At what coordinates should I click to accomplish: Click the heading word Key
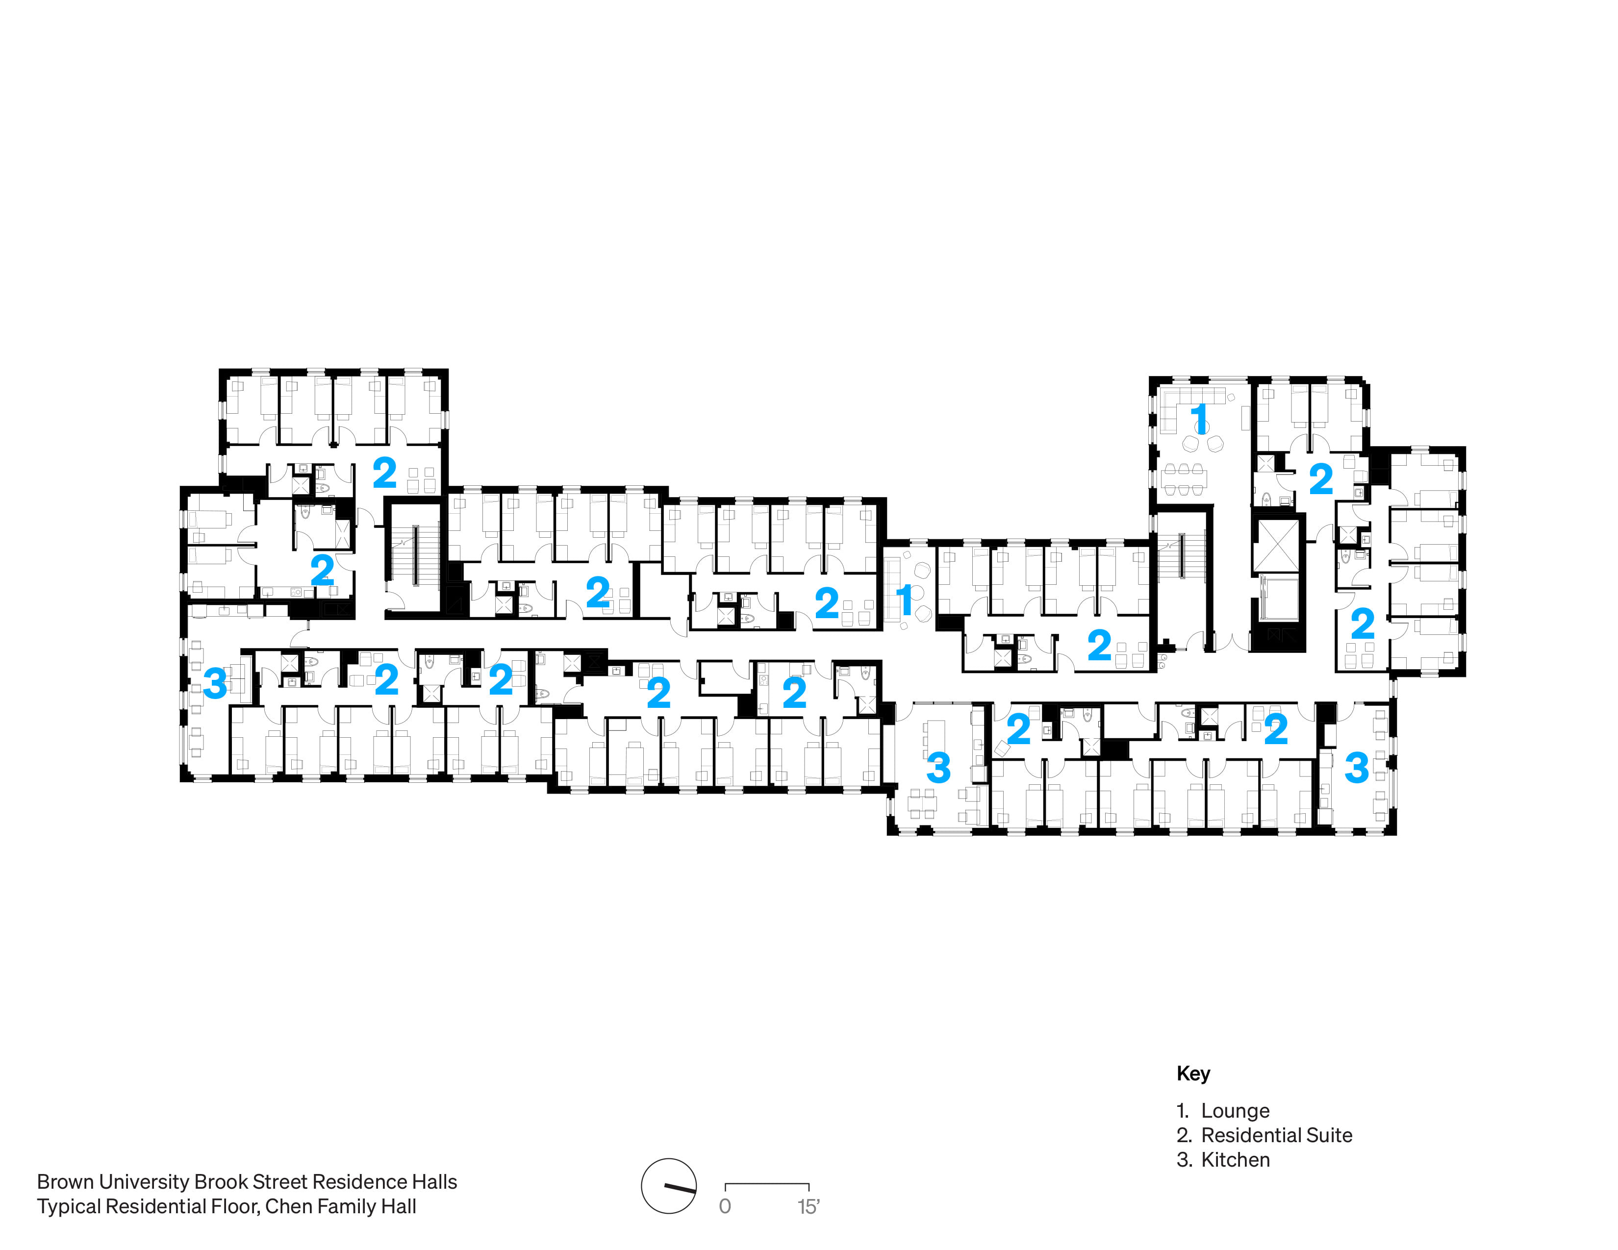tap(1193, 1073)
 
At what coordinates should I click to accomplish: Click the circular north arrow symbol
tap(669, 1186)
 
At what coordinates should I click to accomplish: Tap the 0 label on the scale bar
tap(725, 1207)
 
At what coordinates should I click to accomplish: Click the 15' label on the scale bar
tap(808, 1207)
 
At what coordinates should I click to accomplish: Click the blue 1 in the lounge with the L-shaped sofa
tap(1199, 419)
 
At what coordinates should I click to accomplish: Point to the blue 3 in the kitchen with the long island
tap(938, 768)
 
